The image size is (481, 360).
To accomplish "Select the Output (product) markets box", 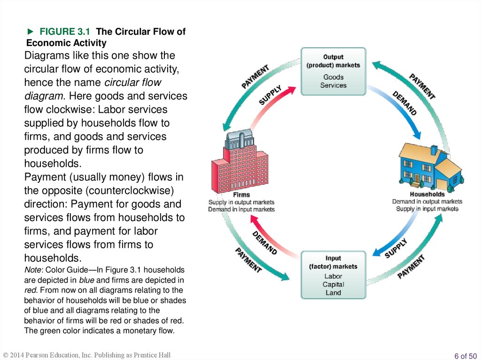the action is coord(333,71).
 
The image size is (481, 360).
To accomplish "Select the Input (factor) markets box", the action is coord(333,275).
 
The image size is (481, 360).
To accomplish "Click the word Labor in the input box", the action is coord(333,276).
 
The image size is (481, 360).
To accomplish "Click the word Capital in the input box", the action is coord(333,284).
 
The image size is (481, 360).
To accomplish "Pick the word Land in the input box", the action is coord(333,293).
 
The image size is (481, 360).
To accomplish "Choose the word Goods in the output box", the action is coord(333,77).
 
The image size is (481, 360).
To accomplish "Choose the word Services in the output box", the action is coord(333,85).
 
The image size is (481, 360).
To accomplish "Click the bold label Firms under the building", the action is coord(241,195).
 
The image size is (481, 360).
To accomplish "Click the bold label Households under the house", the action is coord(427,194).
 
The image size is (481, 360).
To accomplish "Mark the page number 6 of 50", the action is coord(465,356).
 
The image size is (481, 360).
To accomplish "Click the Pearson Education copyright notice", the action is coord(87,355).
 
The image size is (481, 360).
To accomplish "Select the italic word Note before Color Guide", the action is coord(33,270).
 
